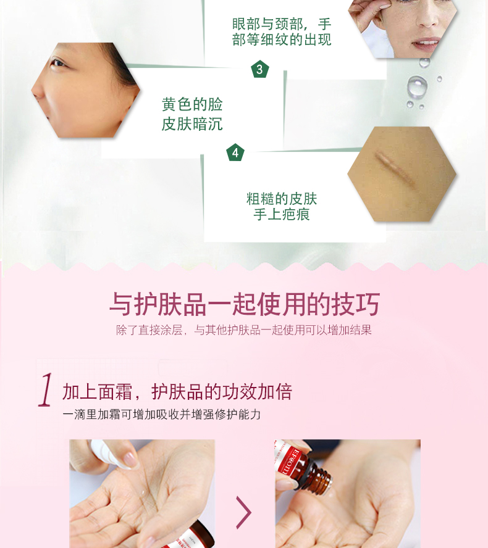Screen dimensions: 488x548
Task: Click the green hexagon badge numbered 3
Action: [259, 69]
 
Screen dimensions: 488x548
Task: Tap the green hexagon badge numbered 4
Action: [235, 152]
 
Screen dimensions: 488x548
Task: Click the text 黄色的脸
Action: [192, 104]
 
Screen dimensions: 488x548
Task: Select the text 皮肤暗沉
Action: [192, 123]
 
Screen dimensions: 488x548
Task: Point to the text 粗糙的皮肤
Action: [282, 199]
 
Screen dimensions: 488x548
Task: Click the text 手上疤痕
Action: [282, 214]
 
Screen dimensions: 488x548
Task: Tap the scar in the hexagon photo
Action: [396, 169]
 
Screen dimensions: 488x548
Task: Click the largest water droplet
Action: [417, 86]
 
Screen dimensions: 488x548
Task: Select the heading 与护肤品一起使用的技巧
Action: [245, 304]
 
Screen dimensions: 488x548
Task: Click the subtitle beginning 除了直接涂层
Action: [244, 330]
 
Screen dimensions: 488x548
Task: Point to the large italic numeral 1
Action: [46, 389]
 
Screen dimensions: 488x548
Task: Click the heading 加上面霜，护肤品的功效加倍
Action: [177, 391]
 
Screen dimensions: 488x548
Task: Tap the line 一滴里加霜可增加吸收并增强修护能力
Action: [162, 415]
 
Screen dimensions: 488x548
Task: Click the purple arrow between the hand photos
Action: [244, 512]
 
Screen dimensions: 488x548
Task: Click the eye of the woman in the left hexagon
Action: [57, 64]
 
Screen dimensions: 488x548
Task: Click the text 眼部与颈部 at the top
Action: [267, 24]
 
